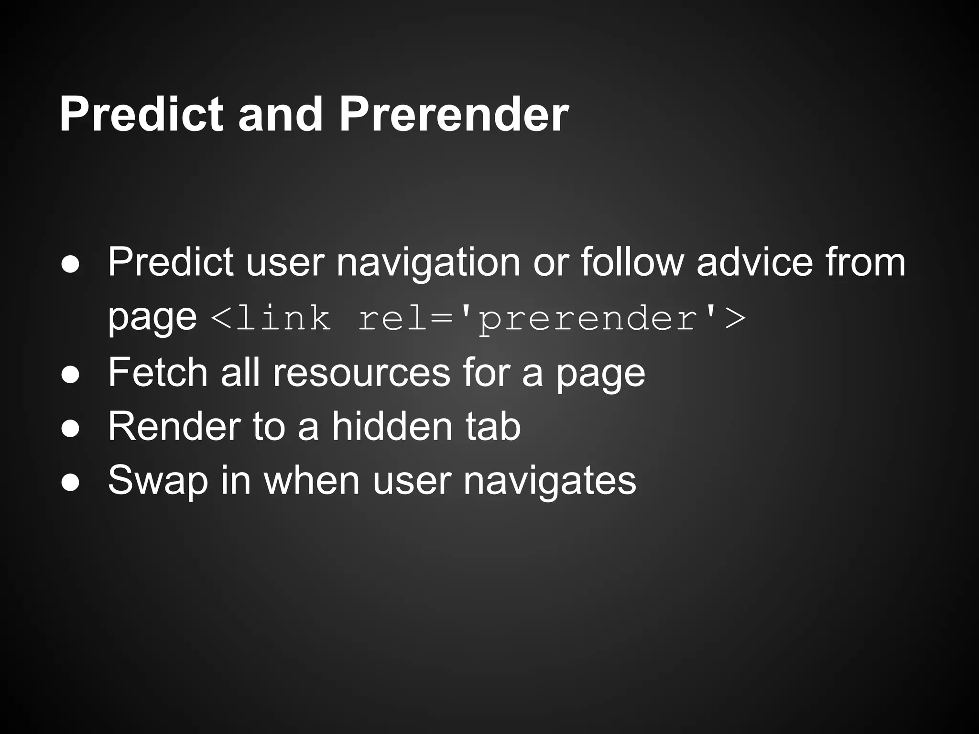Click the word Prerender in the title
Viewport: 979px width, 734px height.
coord(453,115)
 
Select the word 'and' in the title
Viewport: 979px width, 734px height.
coord(281,115)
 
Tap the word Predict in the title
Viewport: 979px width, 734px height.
coord(141,115)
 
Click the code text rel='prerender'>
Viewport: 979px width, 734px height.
coord(552,319)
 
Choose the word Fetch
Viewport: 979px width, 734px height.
coord(158,373)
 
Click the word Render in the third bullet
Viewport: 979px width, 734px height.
coord(174,426)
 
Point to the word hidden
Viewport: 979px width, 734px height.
coord(392,426)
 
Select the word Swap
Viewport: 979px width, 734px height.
coord(158,481)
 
